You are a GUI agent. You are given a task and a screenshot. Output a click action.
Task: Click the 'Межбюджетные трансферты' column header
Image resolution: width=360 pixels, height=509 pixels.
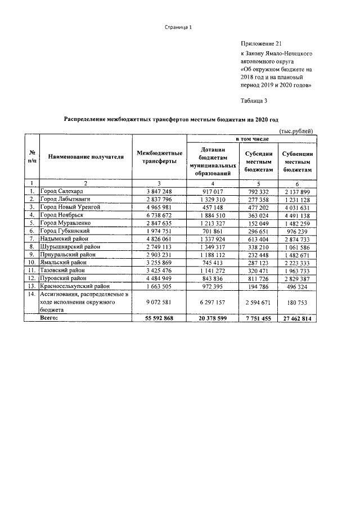point(159,157)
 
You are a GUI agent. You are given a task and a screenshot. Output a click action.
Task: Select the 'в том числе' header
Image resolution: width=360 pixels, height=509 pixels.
point(251,138)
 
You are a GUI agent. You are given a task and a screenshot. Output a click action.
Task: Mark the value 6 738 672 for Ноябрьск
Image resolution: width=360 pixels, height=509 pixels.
point(159,215)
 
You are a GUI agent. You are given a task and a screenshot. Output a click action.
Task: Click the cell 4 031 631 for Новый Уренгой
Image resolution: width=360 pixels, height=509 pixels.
point(296,207)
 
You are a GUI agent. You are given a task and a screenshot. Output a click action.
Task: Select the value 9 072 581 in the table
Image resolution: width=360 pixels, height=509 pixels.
point(159,302)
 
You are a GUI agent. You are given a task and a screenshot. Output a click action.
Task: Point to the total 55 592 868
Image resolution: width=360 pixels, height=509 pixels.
point(159,318)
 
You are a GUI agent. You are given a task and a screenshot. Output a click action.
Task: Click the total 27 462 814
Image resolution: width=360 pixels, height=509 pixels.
point(296,318)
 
